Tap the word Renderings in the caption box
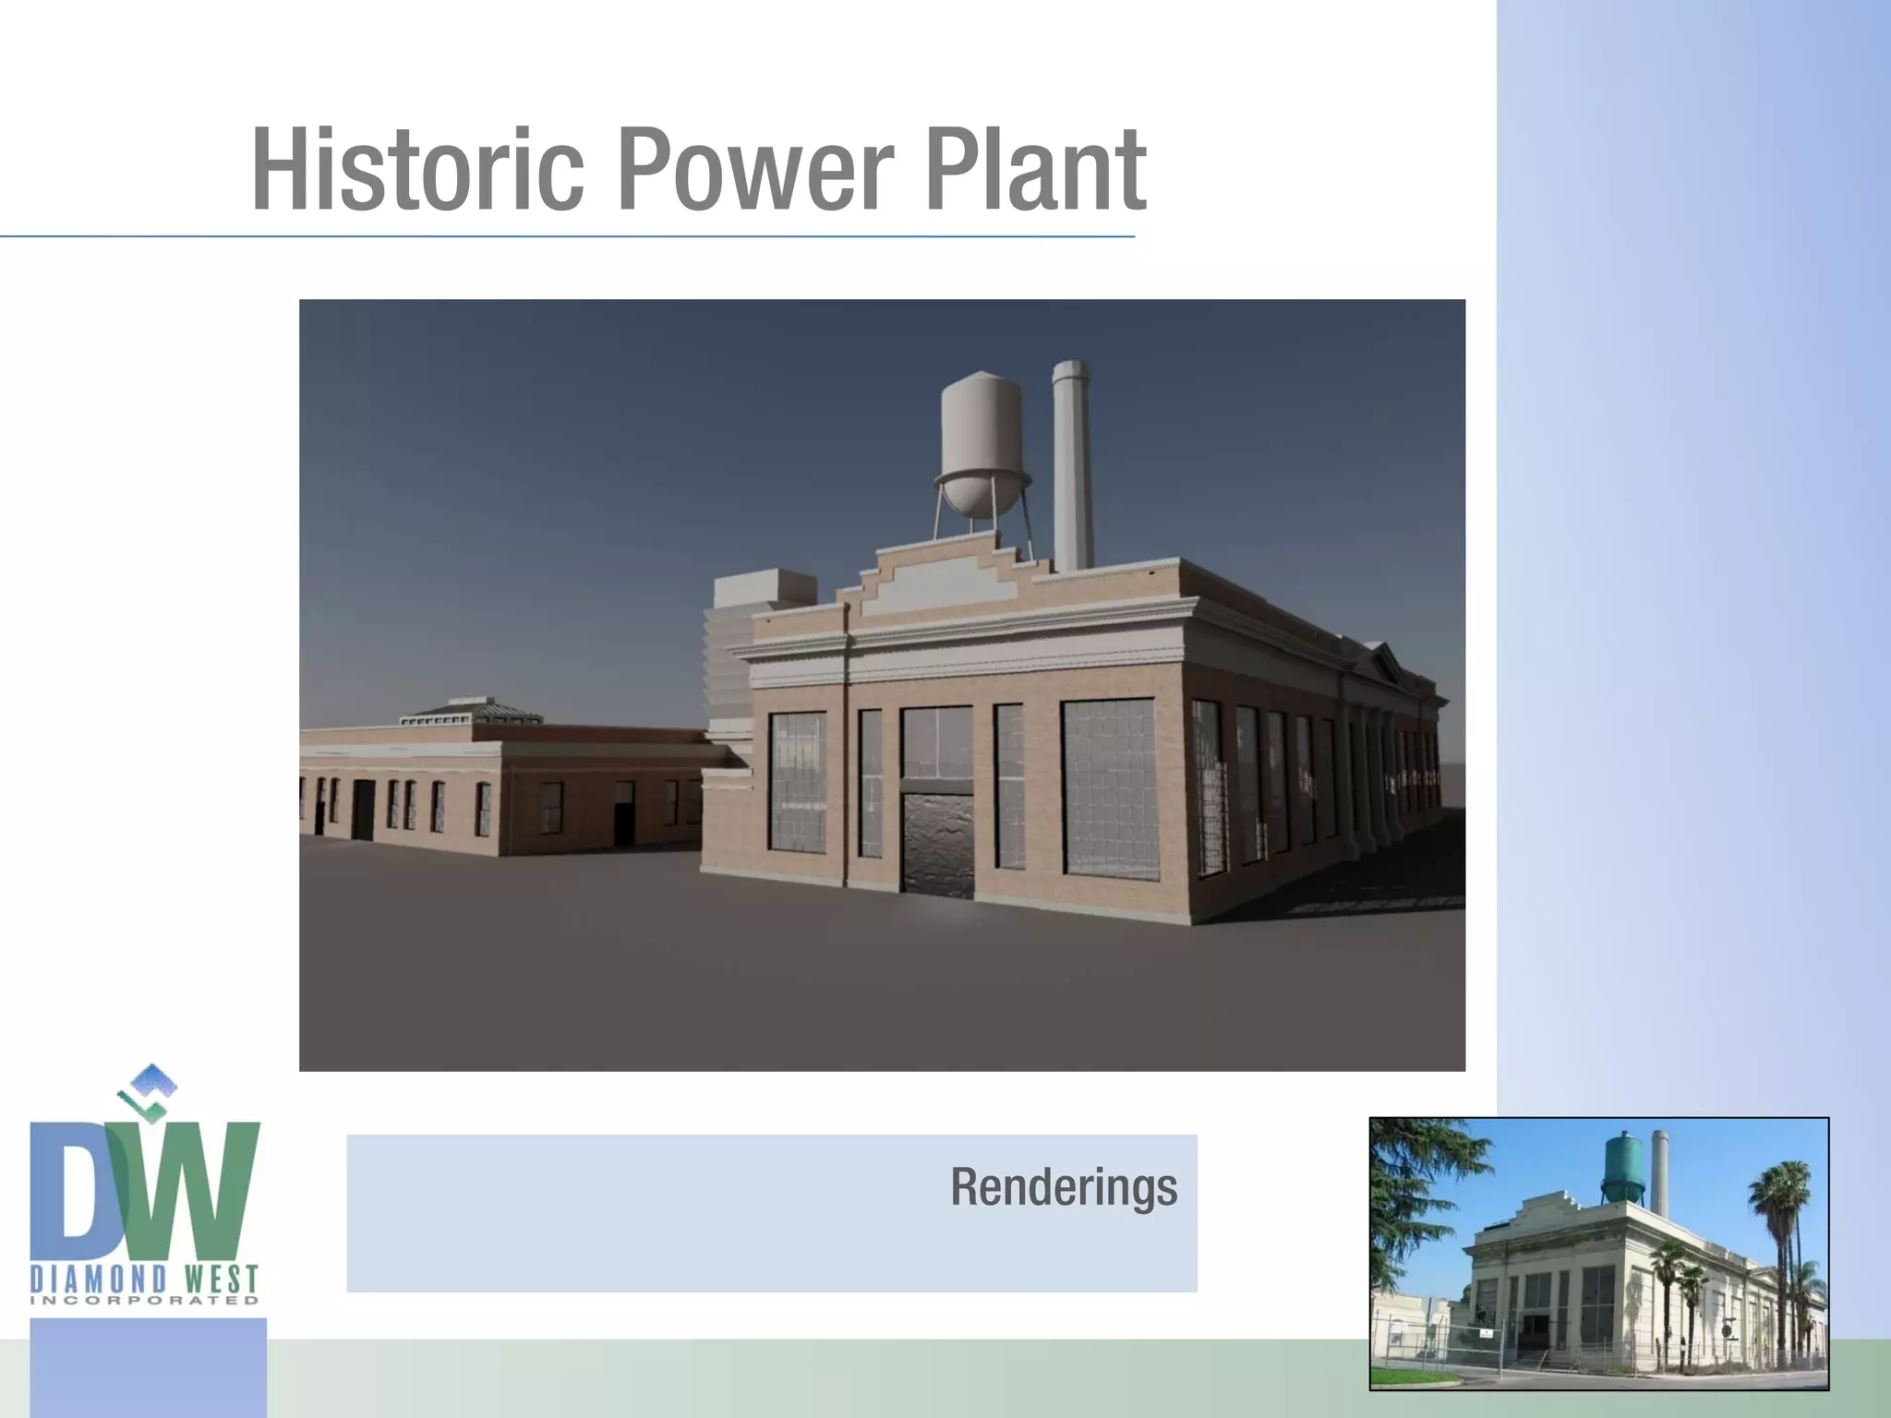[1064, 1187]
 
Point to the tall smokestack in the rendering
[1072, 462]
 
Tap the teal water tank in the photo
[1624, 1165]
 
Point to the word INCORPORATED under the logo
[145, 1301]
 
